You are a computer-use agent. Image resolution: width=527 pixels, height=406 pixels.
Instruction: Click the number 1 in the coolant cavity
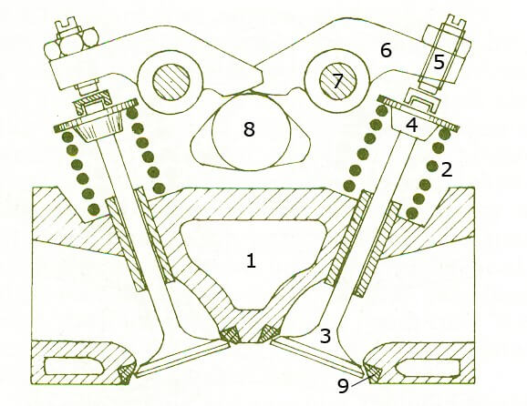(251, 260)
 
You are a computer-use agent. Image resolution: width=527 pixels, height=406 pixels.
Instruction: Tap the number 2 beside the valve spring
(447, 169)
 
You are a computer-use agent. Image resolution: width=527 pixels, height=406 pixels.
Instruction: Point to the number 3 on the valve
(325, 336)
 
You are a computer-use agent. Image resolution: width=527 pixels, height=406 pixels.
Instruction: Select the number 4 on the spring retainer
(412, 125)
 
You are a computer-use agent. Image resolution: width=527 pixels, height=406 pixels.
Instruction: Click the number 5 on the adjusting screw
(439, 63)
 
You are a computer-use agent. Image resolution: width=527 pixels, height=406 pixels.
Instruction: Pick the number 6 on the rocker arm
(386, 50)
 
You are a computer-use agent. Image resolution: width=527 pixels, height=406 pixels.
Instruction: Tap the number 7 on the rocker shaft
(337, 82)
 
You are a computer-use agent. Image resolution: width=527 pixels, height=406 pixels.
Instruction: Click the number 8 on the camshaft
(249, 129)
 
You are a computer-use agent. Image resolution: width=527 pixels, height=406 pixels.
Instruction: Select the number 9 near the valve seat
(343, 386)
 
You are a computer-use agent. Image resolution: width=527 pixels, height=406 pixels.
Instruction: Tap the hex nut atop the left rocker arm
(72, 46)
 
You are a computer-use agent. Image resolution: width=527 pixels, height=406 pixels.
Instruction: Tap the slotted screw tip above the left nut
(67, 25)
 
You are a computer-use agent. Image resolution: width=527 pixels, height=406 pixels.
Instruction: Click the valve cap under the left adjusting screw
(92, 102)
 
